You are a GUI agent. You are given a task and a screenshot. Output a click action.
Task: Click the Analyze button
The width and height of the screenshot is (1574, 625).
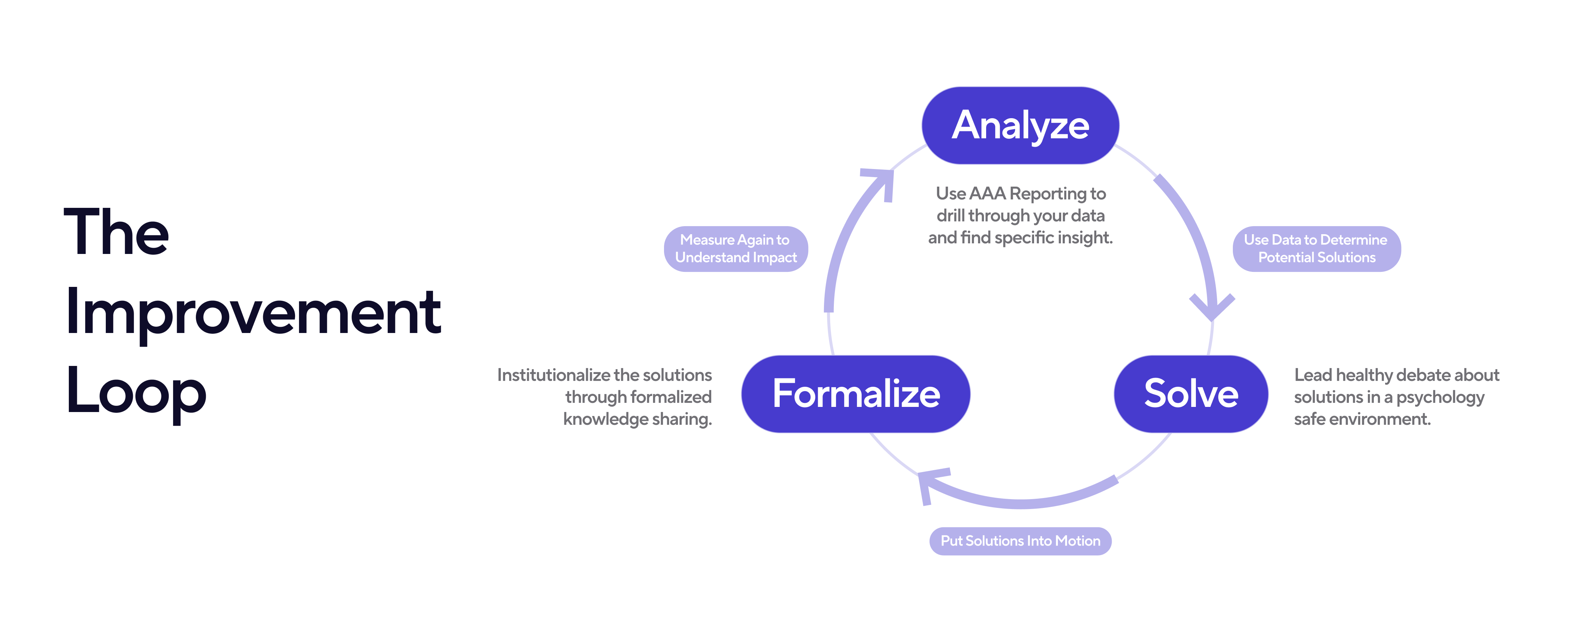(1020, 125)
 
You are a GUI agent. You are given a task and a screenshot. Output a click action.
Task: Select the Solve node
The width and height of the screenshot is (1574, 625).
(1190, 394)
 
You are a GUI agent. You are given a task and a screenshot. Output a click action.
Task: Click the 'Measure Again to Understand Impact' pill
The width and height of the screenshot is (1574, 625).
(736, 249)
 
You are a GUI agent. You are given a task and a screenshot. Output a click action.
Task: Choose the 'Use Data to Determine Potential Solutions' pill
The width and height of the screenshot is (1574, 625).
(1316, 249)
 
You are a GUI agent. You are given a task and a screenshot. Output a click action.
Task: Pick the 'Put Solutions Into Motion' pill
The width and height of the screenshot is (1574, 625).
(1020, 541)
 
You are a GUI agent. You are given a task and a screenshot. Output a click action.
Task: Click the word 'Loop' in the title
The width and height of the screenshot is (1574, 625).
(136, 392)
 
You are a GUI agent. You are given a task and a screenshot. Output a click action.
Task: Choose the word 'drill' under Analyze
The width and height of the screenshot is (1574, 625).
(950, 216)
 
